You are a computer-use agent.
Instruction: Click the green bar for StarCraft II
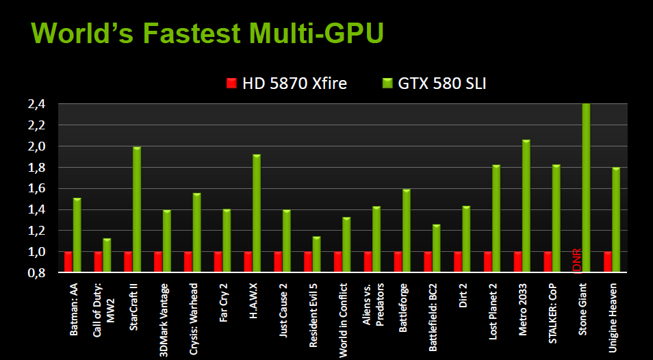coord(137,209)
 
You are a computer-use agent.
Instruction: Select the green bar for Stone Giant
coord(586,188)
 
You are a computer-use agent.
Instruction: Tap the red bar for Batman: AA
coord(68,262)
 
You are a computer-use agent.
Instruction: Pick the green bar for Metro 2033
coord(526,206)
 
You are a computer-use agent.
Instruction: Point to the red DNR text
coord(576,260)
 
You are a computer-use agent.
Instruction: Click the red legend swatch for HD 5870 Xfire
coord(231,83)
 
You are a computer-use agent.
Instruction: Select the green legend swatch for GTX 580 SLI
coord(387,83)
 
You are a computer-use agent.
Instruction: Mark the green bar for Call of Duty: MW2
coord(107,255)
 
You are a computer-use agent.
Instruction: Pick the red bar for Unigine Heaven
coord(608,262)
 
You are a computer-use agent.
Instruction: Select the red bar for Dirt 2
coord(458,262)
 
